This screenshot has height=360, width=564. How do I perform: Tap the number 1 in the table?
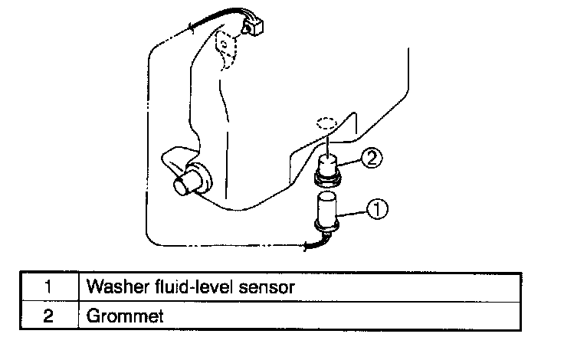point(48,288)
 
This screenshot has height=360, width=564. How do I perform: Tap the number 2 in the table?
point(48,314)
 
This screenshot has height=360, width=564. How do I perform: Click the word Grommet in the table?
point(124,315)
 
